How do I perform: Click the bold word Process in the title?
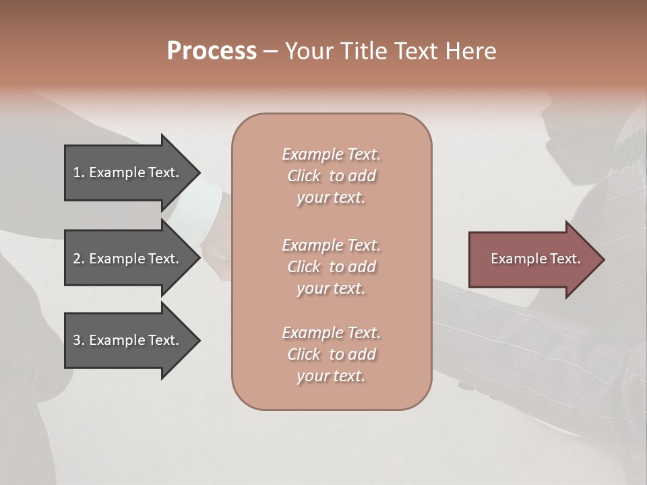(x=212, y=51)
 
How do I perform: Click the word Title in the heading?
(x=363, y=51)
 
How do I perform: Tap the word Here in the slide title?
(x=470, y=51)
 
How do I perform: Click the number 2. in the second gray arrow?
(x=79, y=259)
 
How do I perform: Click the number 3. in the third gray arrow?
(x=79, y=340)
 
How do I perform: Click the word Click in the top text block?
(x=304, y=176)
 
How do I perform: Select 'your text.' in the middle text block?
(x=331, y=288)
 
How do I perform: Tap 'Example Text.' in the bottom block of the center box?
(x=331, y=333)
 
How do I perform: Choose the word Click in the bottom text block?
(x=304, y=354)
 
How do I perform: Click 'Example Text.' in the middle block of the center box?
(x=331, y=245)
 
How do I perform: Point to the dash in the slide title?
(x=270, y=52)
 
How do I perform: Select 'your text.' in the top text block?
(x=331, y=197)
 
